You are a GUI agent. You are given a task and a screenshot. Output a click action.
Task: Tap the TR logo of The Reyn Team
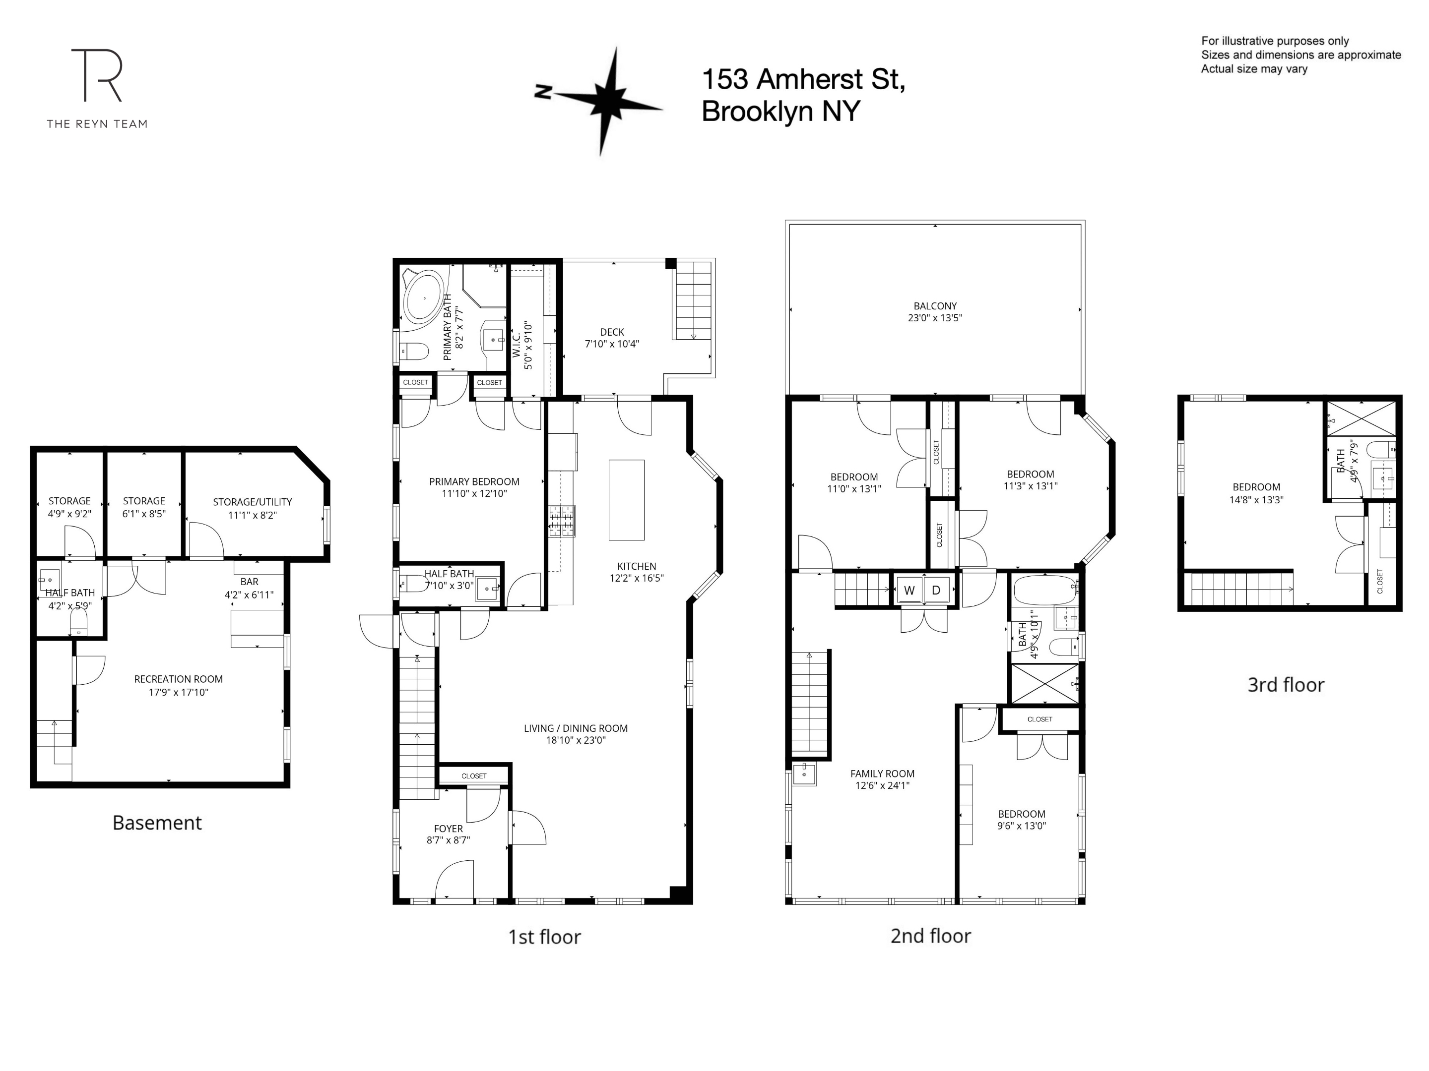point(97,75)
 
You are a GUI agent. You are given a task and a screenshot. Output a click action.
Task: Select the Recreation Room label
point(178,679)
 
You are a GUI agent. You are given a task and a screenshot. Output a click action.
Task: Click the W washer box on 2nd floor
point(909,590)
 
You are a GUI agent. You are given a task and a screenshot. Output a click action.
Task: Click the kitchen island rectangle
point(626,500)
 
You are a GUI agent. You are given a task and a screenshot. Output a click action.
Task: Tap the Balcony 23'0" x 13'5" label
point(935,312)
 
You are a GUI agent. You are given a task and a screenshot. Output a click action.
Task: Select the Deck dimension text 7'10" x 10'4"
point(612,344)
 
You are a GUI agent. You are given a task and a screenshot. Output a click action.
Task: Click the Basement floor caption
point(157,823)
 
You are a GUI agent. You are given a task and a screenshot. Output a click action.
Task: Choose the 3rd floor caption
point(1286,684)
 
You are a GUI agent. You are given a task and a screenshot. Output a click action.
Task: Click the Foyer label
point(449,828)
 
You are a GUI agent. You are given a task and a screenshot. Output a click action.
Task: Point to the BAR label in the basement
point(250,582)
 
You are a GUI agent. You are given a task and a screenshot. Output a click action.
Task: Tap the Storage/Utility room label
point(253,502)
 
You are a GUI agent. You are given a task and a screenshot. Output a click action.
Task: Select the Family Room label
point(883,773)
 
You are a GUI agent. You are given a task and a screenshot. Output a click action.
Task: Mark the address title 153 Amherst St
point(803,79)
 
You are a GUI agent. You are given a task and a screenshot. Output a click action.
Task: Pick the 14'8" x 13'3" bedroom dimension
point(1256,500)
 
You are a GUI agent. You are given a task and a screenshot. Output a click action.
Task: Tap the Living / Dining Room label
point(576,728)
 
